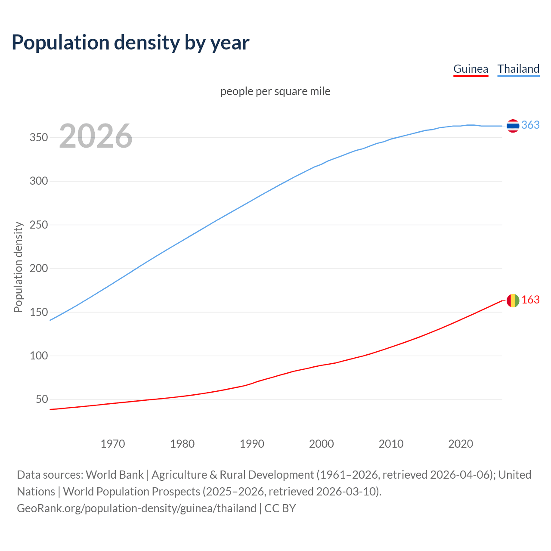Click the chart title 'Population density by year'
click(130, 43)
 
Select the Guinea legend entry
click(471, 69)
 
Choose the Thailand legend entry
click(518, 69)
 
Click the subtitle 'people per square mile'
click(275, 92)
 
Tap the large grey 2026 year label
click(96, 136)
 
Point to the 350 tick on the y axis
click(38, 138)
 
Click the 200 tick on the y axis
click(38, 269)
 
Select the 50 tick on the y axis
click(42, 399)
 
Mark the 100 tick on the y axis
click(38, 356)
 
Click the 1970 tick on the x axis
click(113, 444)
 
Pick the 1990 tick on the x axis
click(252, 444)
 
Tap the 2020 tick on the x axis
click(461, 444)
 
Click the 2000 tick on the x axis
click(322, 444)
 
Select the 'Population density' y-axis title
click(18, 267)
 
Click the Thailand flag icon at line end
click(513, 126)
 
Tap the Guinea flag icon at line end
click(513, 300)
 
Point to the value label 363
click(530, 125)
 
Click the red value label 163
click(530, 300)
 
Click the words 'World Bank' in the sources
click(115, 475)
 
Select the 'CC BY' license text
click(280, 508)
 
